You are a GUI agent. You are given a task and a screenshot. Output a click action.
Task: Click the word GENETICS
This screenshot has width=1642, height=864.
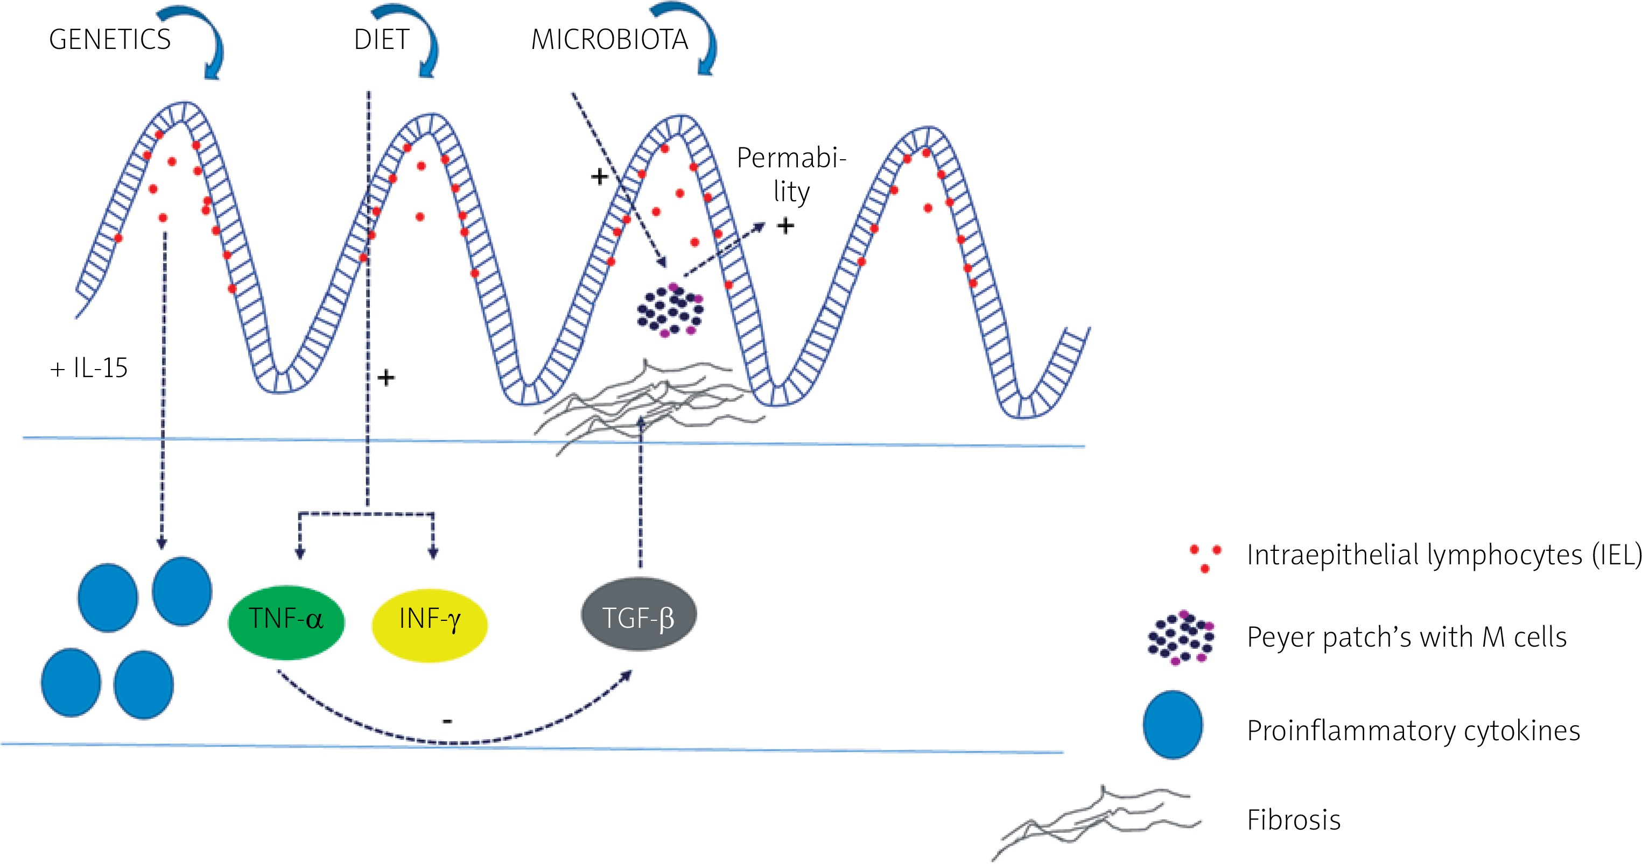tap(110, 39)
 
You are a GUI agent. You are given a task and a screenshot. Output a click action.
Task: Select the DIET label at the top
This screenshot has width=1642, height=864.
tap(381, 39)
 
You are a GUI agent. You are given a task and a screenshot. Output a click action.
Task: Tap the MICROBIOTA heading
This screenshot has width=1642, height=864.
tap(609, 39)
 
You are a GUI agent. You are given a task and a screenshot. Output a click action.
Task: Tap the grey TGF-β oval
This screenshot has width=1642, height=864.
tap(638, 615)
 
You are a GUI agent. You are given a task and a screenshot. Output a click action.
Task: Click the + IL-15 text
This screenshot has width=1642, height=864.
tap(89, 369)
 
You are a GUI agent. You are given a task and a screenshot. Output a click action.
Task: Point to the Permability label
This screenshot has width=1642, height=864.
tap(791, 174)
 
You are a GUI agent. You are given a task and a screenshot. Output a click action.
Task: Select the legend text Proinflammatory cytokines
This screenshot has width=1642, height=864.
tap(1413, 730)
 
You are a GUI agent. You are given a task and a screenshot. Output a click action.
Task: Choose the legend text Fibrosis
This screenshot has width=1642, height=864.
tap(1293, 819)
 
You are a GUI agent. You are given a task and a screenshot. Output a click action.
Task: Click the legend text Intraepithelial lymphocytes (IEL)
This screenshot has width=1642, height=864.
tap(1444, 554)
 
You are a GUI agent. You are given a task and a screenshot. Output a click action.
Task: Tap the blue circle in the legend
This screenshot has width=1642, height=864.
tap(1172, 725)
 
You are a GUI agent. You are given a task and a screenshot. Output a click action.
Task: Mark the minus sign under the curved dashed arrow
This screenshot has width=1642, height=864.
tap(447, 721)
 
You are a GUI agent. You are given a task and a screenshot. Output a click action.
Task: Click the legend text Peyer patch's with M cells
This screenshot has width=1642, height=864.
tap(1406, 637)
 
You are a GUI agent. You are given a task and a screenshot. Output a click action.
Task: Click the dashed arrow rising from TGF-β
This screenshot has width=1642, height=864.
tap(641, 491)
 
